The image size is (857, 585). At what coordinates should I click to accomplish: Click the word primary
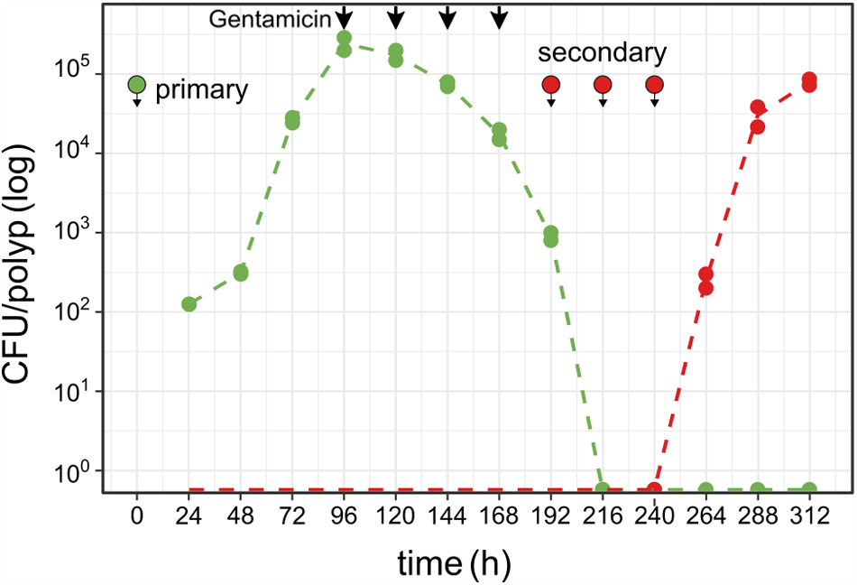pos(201,89)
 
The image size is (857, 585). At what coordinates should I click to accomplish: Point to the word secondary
pos(602,52)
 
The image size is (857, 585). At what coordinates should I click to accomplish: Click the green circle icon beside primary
pos(136,86)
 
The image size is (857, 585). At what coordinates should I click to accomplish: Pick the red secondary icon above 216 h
pos(603,86)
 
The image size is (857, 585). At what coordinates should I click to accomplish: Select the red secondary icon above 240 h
pos(655,86)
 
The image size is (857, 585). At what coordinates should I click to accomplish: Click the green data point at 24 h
pos(189,304)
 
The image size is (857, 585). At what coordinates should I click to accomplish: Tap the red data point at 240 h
pos(655,489)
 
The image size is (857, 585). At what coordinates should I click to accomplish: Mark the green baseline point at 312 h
pos(809,489)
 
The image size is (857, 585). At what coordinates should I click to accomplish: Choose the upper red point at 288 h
pos(758,107)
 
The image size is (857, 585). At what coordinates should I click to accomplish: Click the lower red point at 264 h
pos(705,288)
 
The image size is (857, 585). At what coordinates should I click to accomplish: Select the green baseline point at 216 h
pos(603,489)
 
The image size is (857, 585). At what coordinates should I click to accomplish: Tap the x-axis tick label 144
pos(447,518)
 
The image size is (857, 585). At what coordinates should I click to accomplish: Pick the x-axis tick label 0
pos(137,518)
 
